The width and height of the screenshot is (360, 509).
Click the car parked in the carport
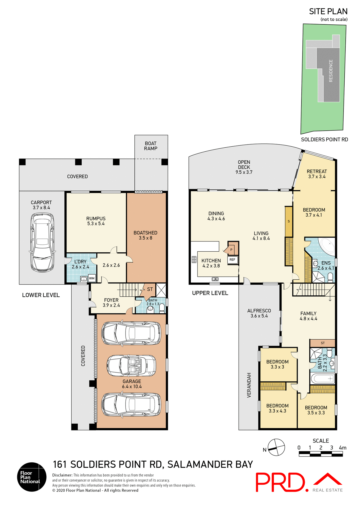coord(42,242)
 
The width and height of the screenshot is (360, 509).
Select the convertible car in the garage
coord(131,366)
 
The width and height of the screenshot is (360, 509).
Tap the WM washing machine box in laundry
coord(92,278)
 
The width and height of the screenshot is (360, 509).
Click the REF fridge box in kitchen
coord(232,260)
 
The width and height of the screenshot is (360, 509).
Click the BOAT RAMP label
coord(151,146)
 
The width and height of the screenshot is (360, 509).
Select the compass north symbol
coord(276,447)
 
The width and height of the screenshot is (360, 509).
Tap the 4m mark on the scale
coord(342,448)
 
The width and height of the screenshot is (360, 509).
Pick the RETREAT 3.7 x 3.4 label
coord(317,174)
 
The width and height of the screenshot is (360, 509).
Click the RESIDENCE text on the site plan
coord(331,71)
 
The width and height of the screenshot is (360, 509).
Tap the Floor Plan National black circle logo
coord(32,477)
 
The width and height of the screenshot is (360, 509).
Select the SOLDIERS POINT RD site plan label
coord(324,139)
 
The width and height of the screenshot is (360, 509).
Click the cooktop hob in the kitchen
coord(194,260)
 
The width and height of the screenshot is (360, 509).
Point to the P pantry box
coord(231,249)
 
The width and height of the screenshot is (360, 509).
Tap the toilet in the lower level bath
coord(162,308)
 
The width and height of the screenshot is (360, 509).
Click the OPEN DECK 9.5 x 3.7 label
coord(244,167)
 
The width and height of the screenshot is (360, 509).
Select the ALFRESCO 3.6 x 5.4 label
coord(259,313)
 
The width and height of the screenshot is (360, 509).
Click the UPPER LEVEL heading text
coord(210,293)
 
